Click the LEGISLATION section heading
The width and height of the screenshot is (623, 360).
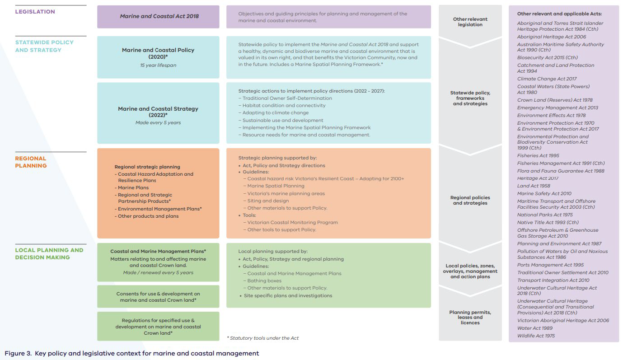(x=35, y=12)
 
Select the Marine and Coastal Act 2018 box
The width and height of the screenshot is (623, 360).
(x=158, y=17)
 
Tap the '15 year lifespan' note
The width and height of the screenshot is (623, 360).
(x=158, y=65)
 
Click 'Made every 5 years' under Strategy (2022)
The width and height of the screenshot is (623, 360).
(x=158, y=122)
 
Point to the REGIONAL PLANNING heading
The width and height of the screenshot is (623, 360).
(x=31, y=162)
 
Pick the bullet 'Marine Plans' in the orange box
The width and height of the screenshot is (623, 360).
(x=133, y=187)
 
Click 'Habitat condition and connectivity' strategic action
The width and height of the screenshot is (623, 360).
(x=284, y=105)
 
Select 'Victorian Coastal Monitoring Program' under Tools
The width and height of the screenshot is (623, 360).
(x=292, y=222)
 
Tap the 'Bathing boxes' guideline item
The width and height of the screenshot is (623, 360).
(x=264, y=281)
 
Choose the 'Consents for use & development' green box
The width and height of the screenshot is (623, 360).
(x=158, y=297)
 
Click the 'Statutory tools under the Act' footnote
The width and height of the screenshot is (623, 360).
(x=263, y=338)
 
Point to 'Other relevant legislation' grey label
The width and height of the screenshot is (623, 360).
(x=470, y=22)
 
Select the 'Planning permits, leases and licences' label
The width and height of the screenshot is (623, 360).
(x=470, y=317)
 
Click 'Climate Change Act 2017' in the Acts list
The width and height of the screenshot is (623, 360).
(x=547, y=79)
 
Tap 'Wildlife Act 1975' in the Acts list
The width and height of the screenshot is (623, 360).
(x=536, y=336)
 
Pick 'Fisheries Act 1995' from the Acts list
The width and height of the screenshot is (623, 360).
(x=538, y=156)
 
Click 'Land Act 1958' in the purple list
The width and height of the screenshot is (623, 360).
(x=534, y=186)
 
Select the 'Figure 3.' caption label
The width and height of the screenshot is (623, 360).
(x=18, y=353)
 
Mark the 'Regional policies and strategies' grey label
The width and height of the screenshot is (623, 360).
(x=470, y=200)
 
